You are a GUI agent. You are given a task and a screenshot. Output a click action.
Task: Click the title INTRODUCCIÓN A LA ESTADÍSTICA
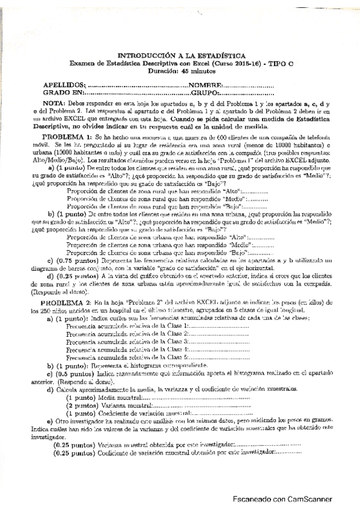click(180, 54)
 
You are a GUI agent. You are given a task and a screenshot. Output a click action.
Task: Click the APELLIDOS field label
click(63, 86)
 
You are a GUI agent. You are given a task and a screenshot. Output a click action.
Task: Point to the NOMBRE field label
click(207, 86)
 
